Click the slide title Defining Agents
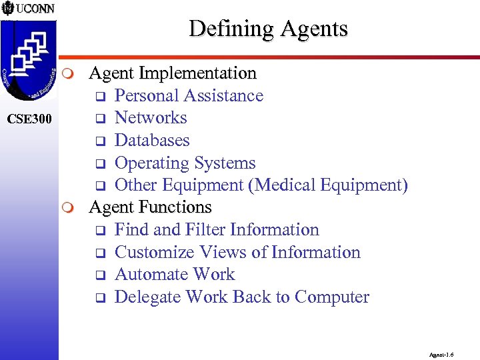268,29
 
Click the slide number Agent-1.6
441,356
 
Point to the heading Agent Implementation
173,73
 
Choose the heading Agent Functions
150,207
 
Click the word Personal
147,95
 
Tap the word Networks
151,118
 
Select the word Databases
152,141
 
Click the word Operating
152,163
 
